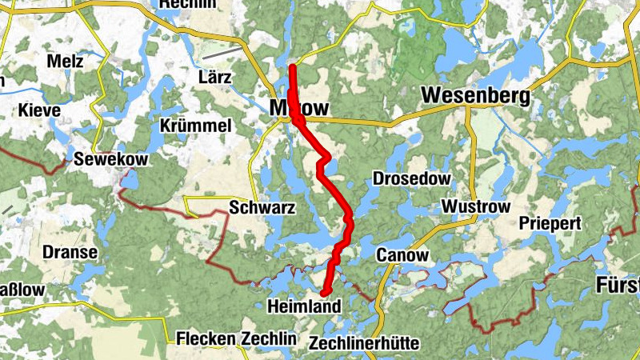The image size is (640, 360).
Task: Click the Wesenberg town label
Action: (x=475, y=96)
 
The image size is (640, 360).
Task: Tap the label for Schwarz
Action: (x=262, y=208)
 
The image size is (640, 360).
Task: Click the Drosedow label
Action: (x=412, y=178)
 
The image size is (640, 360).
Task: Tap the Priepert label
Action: (x=550, y=224)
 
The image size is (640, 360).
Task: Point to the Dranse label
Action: (x=71, y=253)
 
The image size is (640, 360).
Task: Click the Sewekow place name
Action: (x=110, y=160)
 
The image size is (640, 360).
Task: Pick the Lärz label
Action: (x=214, y=78)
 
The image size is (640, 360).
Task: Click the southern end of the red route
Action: (x=325, y=292)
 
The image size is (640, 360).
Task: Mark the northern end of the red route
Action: (x=293, y=67)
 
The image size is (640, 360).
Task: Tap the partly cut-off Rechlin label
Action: (x=189, y=5)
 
